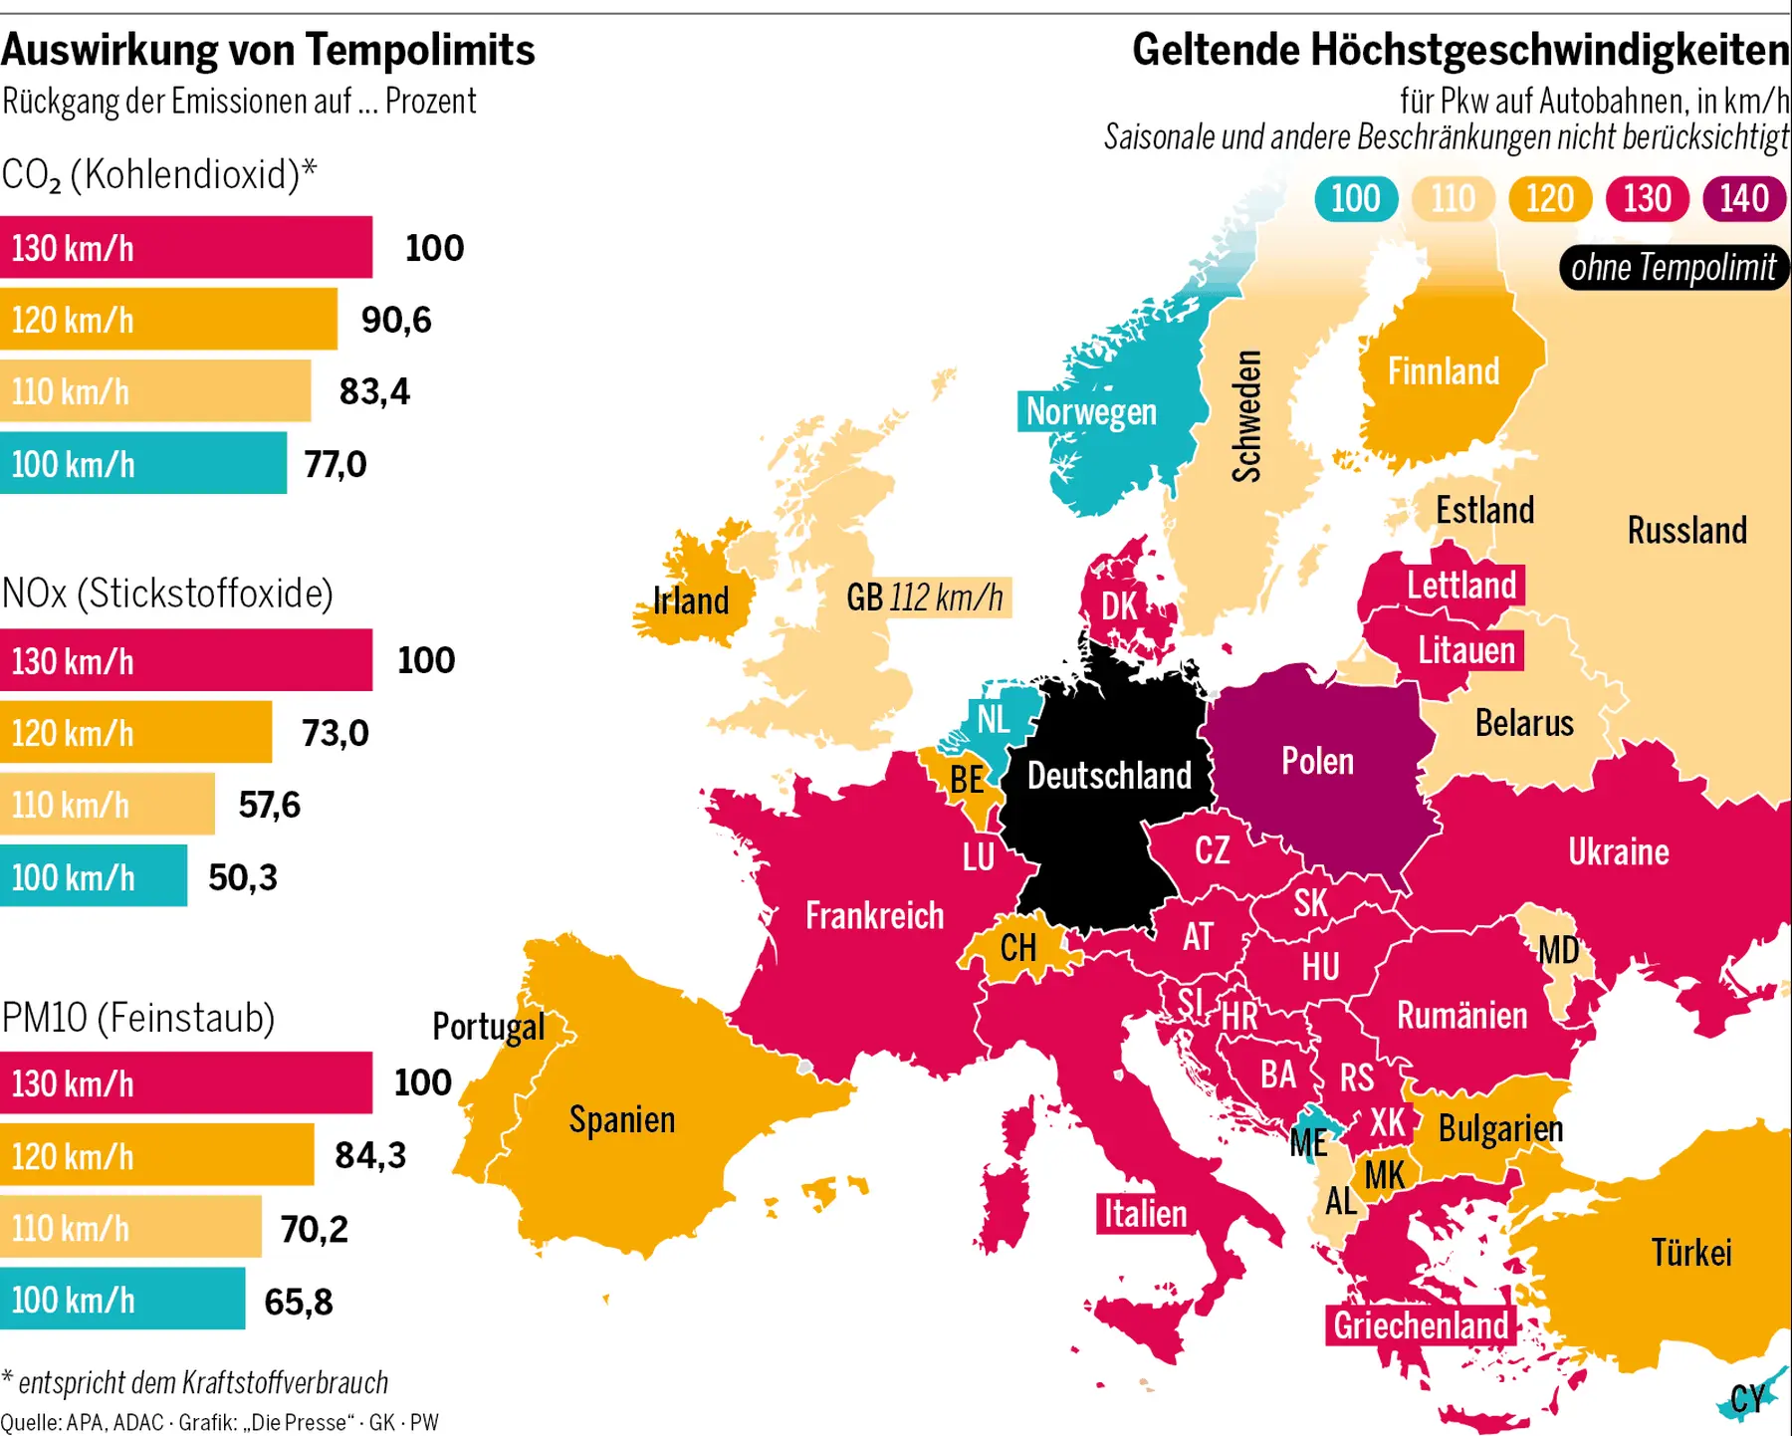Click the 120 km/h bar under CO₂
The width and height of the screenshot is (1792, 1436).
(x=168, y=320)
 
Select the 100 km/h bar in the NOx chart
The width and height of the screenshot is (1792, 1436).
(x=94, y=876)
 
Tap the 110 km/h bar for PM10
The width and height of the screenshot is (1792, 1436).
(x=130, y=1228)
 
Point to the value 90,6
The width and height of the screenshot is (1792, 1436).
(x=396, y=320)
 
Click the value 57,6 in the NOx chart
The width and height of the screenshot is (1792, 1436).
(x=269, y=805)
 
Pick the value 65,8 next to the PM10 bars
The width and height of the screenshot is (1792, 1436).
(x=299, y=1301)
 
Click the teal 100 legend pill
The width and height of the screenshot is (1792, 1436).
(x=1356, y=198)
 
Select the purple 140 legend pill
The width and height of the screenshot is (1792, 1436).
(x=1744, y=198)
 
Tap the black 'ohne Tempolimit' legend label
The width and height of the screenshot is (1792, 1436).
(x=1674, y=268)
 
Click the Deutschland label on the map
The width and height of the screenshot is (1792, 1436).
(x=1109, y=775)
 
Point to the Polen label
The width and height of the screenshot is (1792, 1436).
(x=1317, y=762)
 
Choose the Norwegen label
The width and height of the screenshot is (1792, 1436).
(x=1091, y=411)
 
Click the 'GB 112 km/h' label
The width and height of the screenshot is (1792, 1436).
(x=925, y=598)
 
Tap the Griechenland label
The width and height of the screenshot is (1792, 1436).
(x=1421, y=1325)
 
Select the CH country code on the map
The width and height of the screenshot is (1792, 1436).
(x=1018, y=947)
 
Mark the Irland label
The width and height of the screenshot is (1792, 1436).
(x=691, y=600)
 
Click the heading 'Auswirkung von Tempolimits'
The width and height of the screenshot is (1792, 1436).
(x=268, y=50)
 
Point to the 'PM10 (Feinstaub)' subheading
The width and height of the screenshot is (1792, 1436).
(x=138, y=1018)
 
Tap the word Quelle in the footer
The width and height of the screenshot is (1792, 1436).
(x=30, y=1422)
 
